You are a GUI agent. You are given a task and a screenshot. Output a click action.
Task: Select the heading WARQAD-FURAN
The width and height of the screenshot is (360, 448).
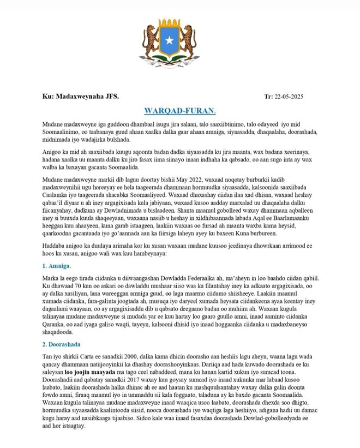pyautogui.click(x=180, y=111)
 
